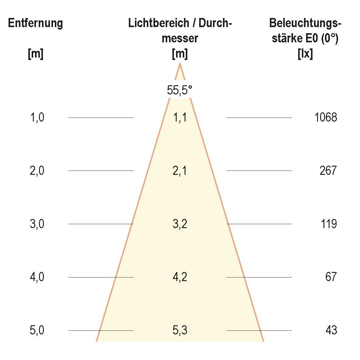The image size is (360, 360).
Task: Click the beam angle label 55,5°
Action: point(180,90)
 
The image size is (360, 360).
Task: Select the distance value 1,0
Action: point(37,117)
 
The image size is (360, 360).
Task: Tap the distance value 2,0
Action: point(37,171)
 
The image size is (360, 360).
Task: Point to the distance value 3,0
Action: point(37,224)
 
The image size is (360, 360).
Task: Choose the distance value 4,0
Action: point(37,277)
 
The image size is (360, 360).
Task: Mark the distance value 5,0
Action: point(37,330)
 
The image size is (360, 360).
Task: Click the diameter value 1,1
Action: point(180,117)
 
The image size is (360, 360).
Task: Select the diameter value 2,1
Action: point(180,171)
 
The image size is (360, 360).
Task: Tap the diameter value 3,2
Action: point(180,224)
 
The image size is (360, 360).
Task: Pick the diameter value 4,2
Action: point(180,277)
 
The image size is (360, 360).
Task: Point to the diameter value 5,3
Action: point(180,330)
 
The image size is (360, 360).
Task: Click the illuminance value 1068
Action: point(326,117)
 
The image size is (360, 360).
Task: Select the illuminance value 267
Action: point(328,171)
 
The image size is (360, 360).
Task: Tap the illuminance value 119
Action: point(329,224)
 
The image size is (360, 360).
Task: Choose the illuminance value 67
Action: point(331,277)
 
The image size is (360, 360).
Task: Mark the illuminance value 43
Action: point(331,330)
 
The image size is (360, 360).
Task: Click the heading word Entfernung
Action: point(36,23)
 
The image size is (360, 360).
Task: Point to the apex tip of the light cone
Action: point(180,63)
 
